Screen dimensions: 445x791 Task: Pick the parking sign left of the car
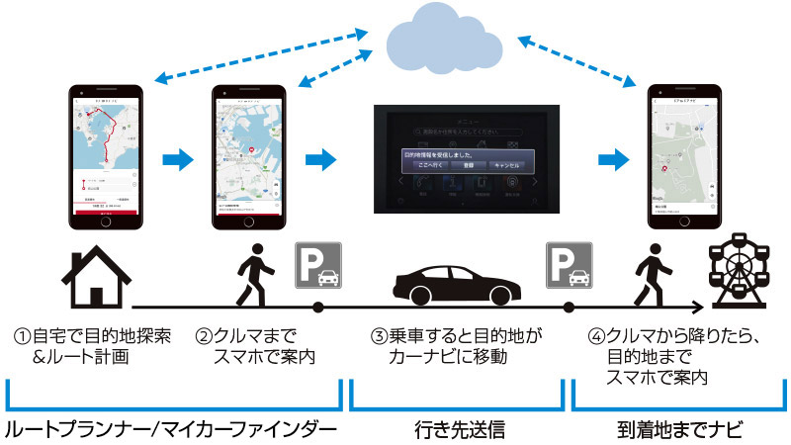317,266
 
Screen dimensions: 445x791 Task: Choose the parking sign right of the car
570,266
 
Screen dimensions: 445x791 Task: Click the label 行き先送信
456,428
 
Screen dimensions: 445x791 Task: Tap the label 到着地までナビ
678,428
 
